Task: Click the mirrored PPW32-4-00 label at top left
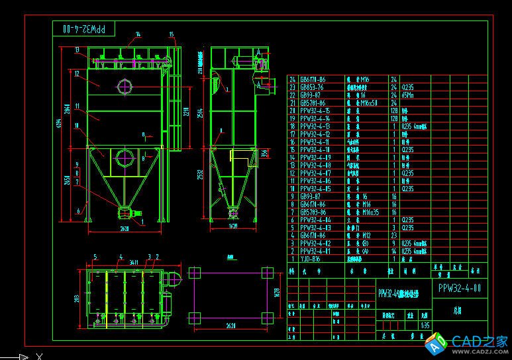click(x=83, y=29)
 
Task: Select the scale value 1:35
click(x=406, y=325)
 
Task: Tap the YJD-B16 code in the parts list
click(x=310, y=259)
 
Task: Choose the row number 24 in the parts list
click(x=292, y=79)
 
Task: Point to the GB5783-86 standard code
click(x=313, y=212)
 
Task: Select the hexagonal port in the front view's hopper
click(x=123, y=158)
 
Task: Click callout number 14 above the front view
click(x=138, y=34)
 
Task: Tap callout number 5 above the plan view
click(x=96, y=256)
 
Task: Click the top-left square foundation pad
click(x=195, y=273)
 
